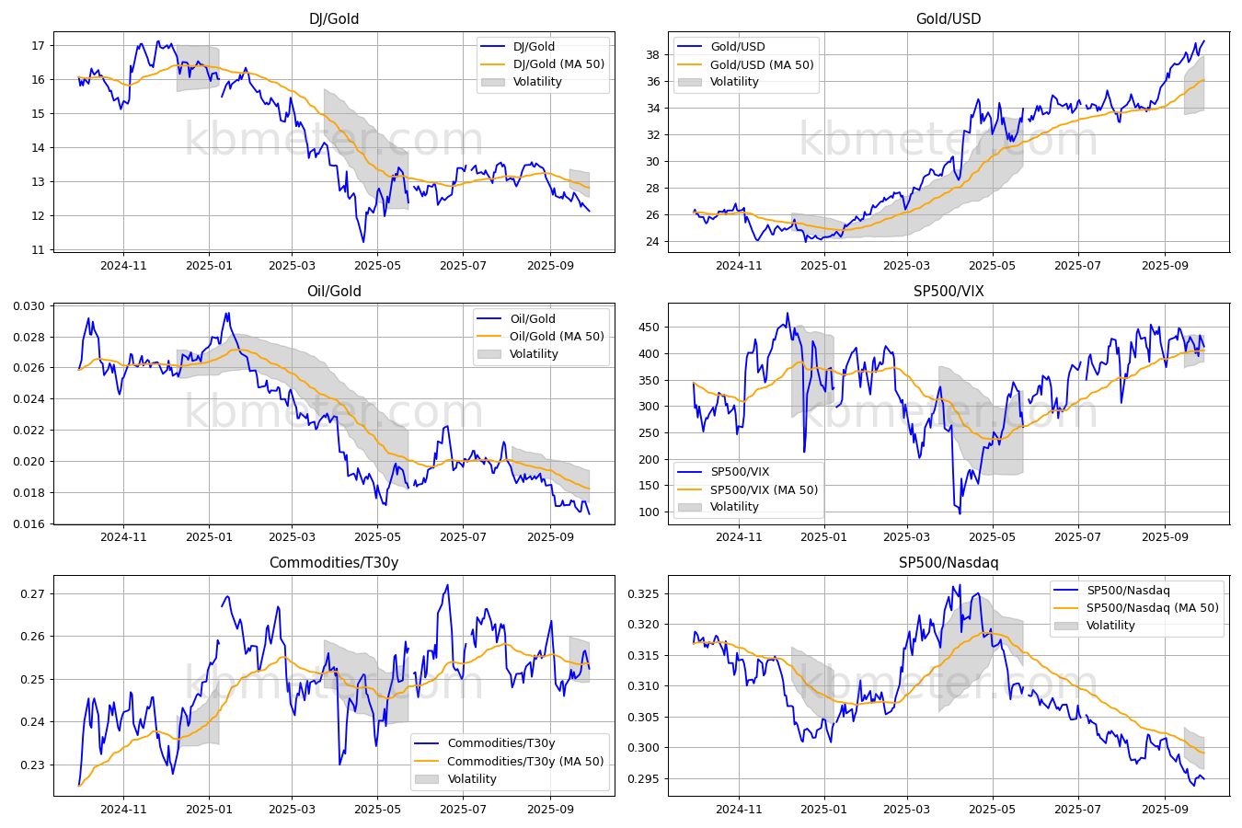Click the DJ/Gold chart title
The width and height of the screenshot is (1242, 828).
[x=334, y=18]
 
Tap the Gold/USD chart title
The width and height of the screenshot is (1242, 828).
[x=949, y=18]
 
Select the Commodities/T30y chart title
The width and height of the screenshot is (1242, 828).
[x=334, y=562]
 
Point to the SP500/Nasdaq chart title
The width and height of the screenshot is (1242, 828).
[x=949, y=562]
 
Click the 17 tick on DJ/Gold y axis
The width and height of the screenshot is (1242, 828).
[x=38, y=45]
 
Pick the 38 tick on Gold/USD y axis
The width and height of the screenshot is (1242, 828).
[x=652, y=54]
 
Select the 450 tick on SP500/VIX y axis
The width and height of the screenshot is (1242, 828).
[x=649, y=328]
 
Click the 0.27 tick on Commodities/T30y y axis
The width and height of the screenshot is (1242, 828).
[x=33, y=594]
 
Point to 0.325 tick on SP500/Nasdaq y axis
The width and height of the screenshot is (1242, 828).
[x=643, y=594]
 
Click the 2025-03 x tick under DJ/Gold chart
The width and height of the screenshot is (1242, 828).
[x=292, y=266]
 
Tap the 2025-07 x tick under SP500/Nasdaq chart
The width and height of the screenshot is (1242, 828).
[x=1077, y=810]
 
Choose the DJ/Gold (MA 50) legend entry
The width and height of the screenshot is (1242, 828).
[x=558, y=63]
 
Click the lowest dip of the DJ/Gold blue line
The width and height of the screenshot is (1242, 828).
[x=363, y=242]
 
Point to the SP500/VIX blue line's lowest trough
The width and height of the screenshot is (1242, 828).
[x=960, y=513]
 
